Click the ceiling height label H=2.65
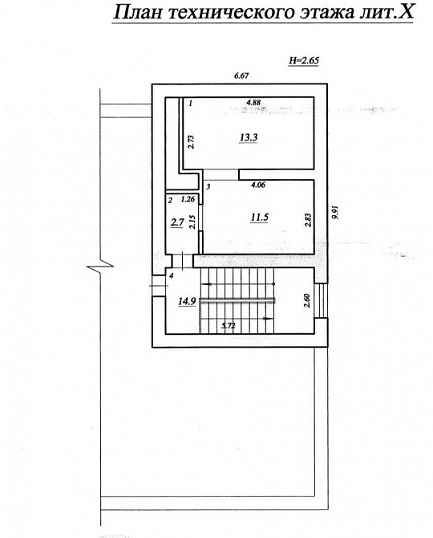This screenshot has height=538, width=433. pyautogui.click(x=304, y=60)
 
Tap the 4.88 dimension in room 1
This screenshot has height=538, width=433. pyautogui.click(x=253, y=103)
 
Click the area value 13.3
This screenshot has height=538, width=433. pyautogui.click(x=247, y=137)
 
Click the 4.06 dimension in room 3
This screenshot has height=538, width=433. pyautogui.click(x=258, y=185)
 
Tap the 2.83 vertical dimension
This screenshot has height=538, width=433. pyautogui.click(x=307, y=220)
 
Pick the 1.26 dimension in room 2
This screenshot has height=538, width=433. pyautogui.click(x=188, y=198)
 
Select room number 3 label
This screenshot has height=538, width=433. pyautogui.click(x=208, y=187)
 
